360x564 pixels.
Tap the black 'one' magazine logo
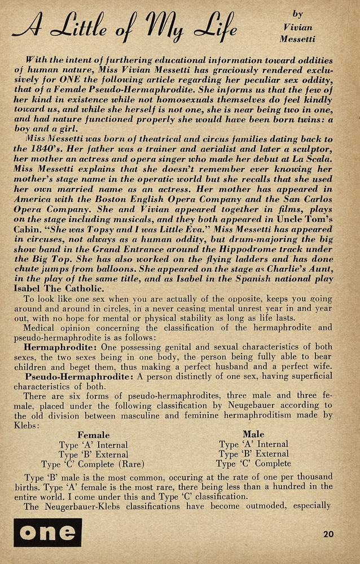pyautogui.click(x=48, y=532)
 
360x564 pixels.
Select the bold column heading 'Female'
pyautogui.click(x=93, y=435)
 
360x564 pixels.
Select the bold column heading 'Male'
pyautogui.click(x=253, y=434)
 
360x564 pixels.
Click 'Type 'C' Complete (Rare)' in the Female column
pyautogui.click(x=93, y=464)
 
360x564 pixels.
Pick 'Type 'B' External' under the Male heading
pyautogui.click(x=253, y=454)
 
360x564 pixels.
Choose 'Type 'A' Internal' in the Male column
pyautogui.click(x=253, y=444)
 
